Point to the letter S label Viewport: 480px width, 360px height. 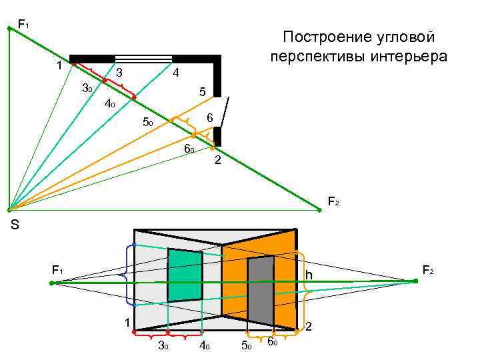pyautogui.click(x=15, y=226)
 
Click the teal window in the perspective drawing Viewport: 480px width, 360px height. pyautogui.click(x=185, y=275)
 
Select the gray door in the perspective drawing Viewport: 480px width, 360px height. pyautogui.click(x=261, y=291)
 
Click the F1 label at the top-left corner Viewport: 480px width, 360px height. pyautogui.click(x=23, y=25)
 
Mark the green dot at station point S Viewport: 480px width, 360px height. pyautogui.click(x=8, y=210)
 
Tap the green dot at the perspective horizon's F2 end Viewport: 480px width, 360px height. pyautogui.click(x=415, y=281)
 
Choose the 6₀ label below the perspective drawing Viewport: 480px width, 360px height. pyautogui.click(x=273, y=343)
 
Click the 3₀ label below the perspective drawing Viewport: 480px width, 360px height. pyautogui.click(x=162, y=345)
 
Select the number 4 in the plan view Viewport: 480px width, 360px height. pyautogui.click(x=175, y=71)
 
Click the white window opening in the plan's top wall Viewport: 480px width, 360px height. pyautogui.click(x=143, y=58)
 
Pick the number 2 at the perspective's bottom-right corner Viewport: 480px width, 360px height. pyautogui.click(x=308, y=327)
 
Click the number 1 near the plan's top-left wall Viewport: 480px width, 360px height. pyautogui.click(x=59, y=65)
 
